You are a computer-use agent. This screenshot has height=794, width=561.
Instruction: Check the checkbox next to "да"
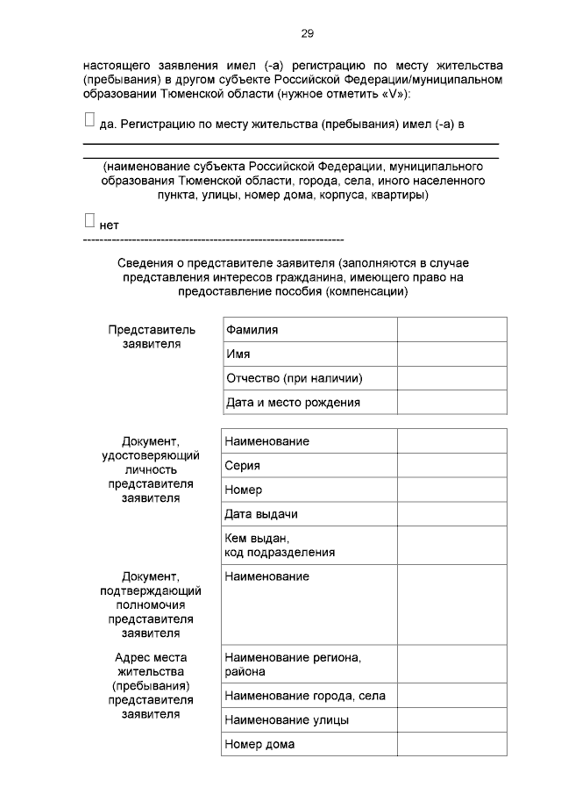[x=89, y=121]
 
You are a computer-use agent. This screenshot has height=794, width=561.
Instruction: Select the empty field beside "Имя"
[x=451, y=354]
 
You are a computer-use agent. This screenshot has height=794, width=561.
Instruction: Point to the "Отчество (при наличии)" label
[x=295, y=378]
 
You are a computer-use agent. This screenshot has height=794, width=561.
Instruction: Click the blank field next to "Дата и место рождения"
[x=451, y=402]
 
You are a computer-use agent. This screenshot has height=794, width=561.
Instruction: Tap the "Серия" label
[x=242, y=466]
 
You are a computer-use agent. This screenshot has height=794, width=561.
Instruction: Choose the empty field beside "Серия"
[x=451, y=466]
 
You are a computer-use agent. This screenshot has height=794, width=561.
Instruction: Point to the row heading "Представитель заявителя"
[x=152, y=337]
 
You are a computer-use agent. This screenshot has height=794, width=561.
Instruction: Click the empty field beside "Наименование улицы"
[x=451, y=719]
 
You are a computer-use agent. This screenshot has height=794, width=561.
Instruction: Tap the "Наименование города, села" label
[x=305, y=696]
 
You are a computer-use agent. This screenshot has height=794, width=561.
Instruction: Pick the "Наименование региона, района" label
[x=293, y=664]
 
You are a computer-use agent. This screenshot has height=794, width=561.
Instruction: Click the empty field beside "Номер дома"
[x=451, y=744]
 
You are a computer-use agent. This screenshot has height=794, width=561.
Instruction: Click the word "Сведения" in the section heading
[x=144, y=262]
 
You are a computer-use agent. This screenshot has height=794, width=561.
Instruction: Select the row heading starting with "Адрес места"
[x=152, y=685]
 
